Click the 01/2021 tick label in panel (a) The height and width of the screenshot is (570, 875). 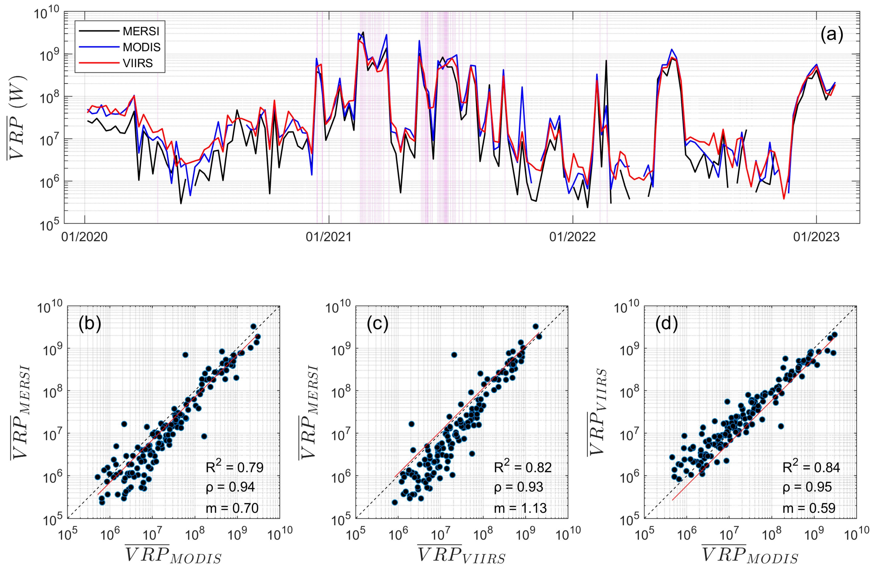(329, 237)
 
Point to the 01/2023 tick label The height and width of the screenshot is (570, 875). (816, 237)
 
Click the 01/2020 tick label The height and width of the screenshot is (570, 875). (85, 237)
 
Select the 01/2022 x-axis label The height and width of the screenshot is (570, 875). (572, 237)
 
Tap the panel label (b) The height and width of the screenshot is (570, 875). (90, 324)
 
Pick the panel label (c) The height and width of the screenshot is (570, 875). (378, 324)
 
